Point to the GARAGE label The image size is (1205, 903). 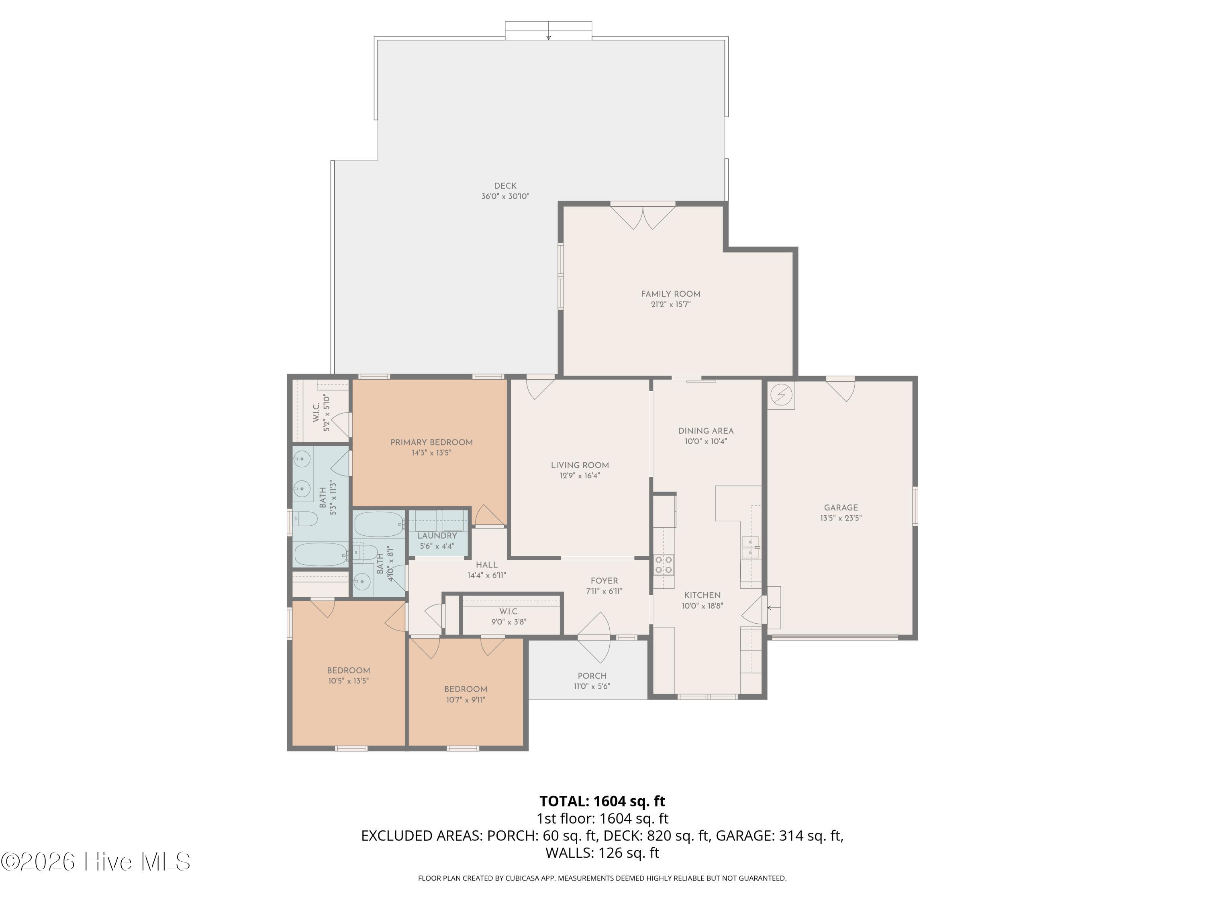pos(841,508)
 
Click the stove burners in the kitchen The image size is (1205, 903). pos(664,564)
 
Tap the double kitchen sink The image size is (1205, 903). pos(750,547)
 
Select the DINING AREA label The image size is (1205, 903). pos(705,431)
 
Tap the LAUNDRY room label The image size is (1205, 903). pos(437,536)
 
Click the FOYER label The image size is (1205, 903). pos(604,581)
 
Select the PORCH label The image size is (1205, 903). pos(592,676)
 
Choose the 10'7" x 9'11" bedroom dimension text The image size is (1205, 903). pos(465,700)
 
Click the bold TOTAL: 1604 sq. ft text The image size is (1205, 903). pos(602,801)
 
